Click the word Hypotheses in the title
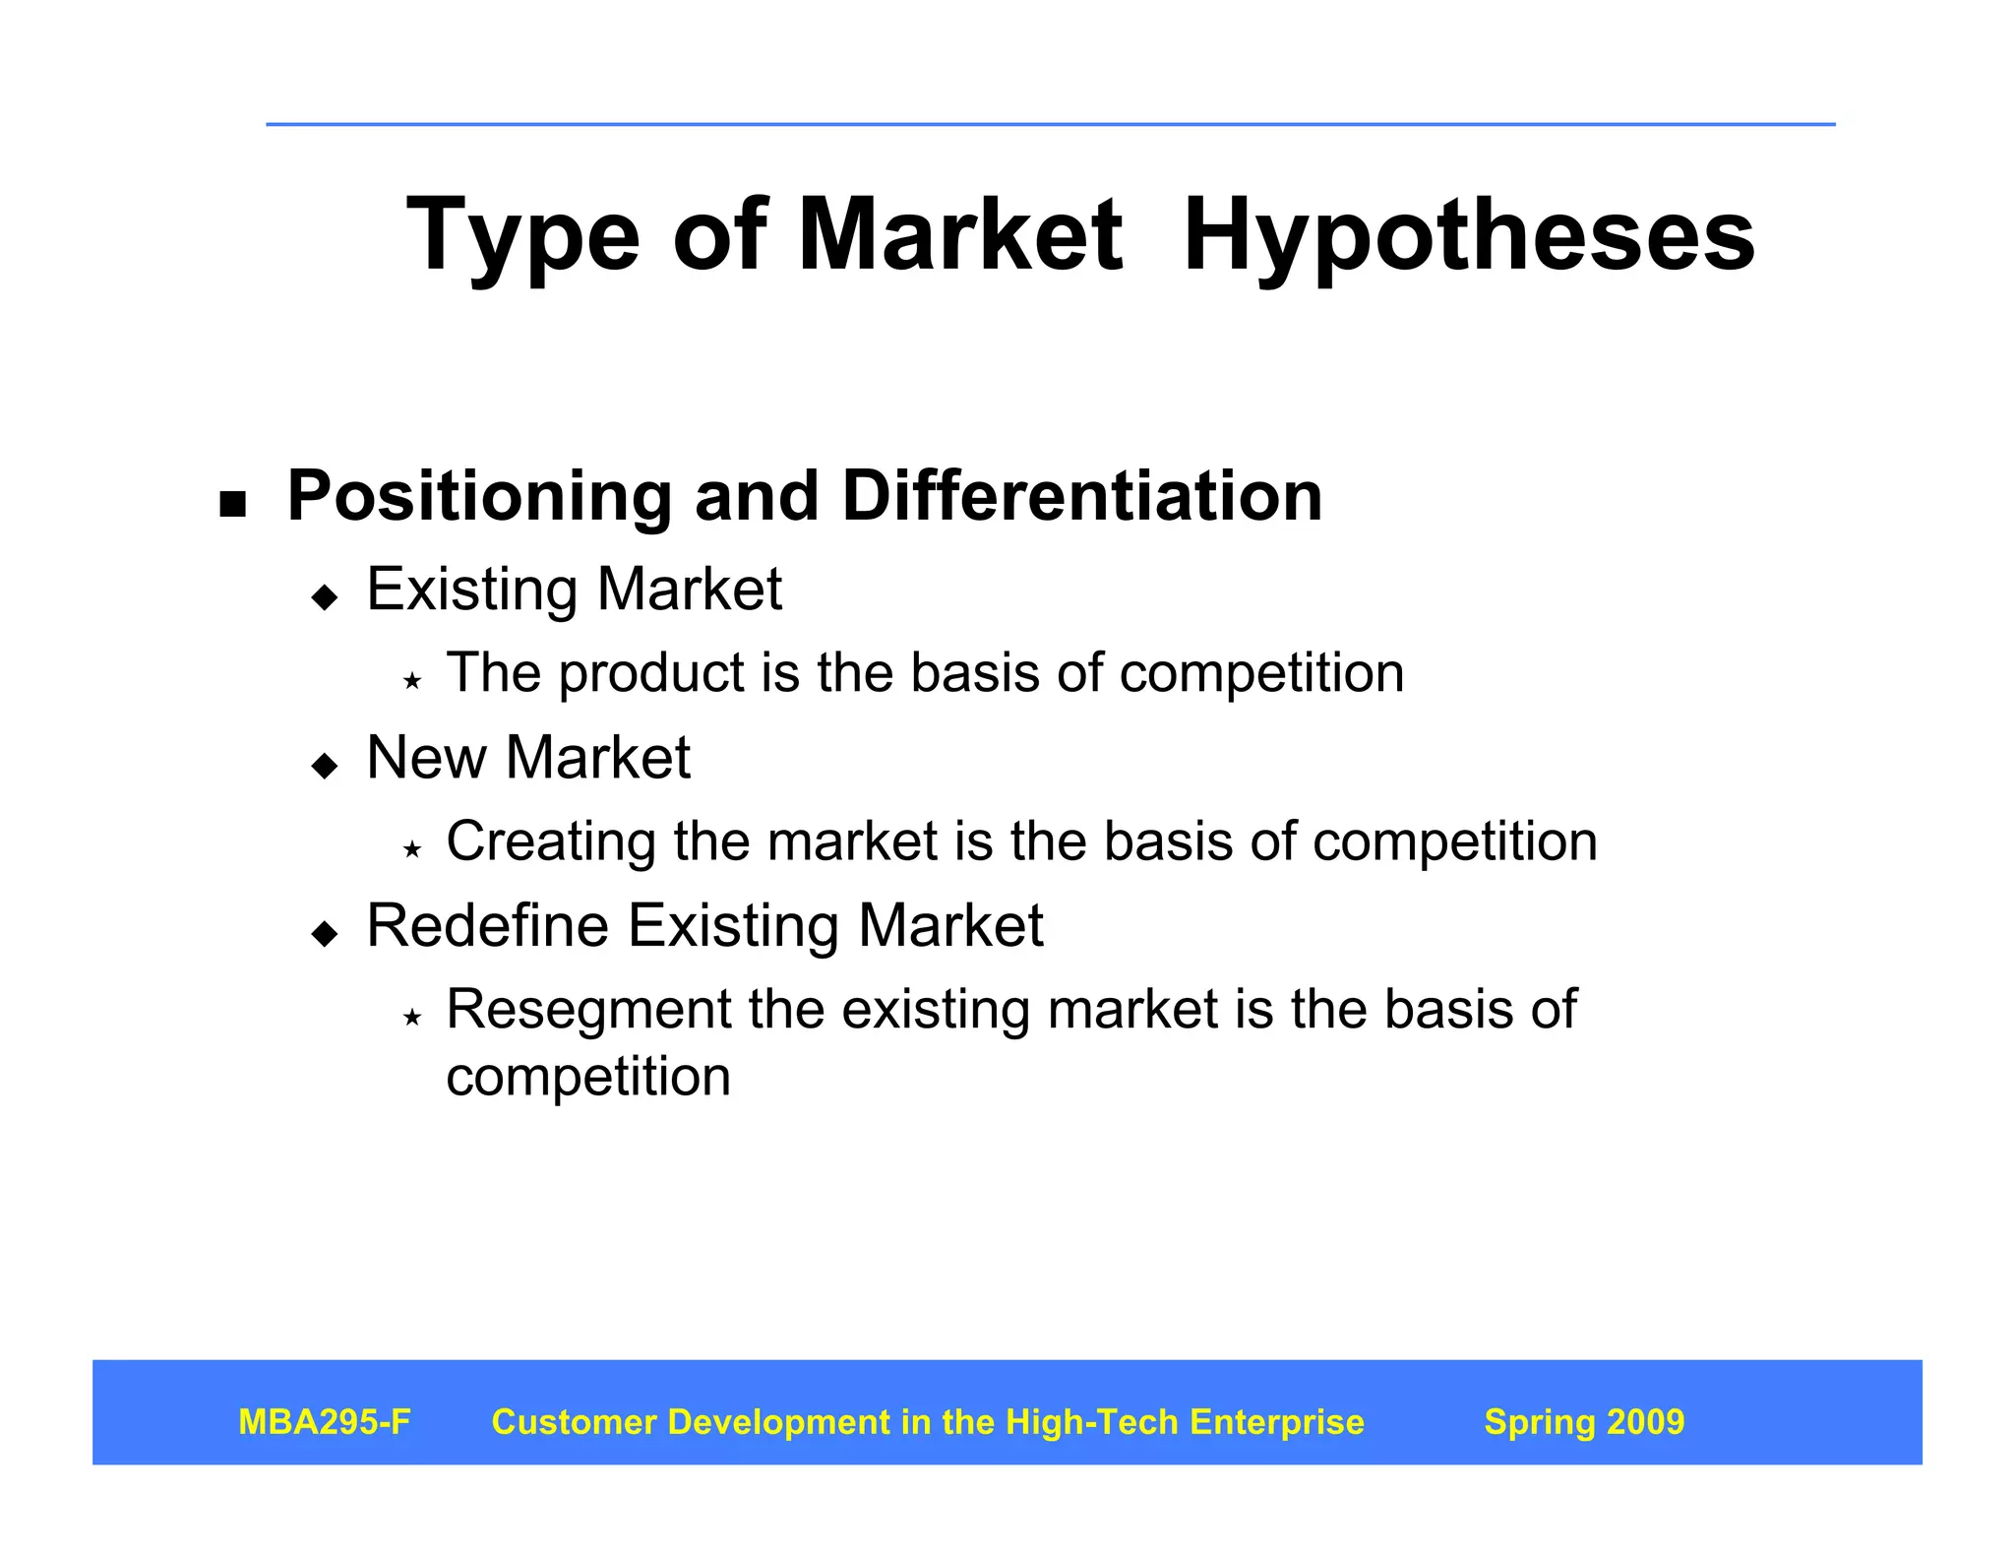click(1468, 236)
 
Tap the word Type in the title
click(522, 236)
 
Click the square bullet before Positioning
click(232, 505)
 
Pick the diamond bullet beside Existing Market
click(324, 596)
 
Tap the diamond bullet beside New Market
click(324, 765)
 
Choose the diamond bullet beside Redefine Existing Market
click(324, 933)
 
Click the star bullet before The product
click(412, 680)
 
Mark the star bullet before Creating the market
click(412, 848)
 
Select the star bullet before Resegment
click(412, 1017)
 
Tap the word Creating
click(551, 842)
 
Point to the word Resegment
click(586, 1011)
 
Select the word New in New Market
click(426, 758)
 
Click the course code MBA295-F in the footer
click(325, 1422)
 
